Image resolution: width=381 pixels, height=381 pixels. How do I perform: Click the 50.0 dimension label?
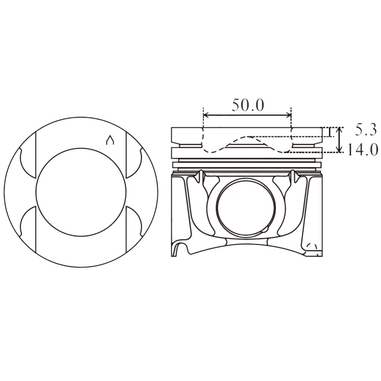click(248, 105)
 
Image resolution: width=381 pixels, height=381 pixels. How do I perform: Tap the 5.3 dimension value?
click(366, 130)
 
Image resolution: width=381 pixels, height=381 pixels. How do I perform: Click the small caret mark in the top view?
click(109, 140)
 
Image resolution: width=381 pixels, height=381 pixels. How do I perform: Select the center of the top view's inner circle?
click(81, 192)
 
